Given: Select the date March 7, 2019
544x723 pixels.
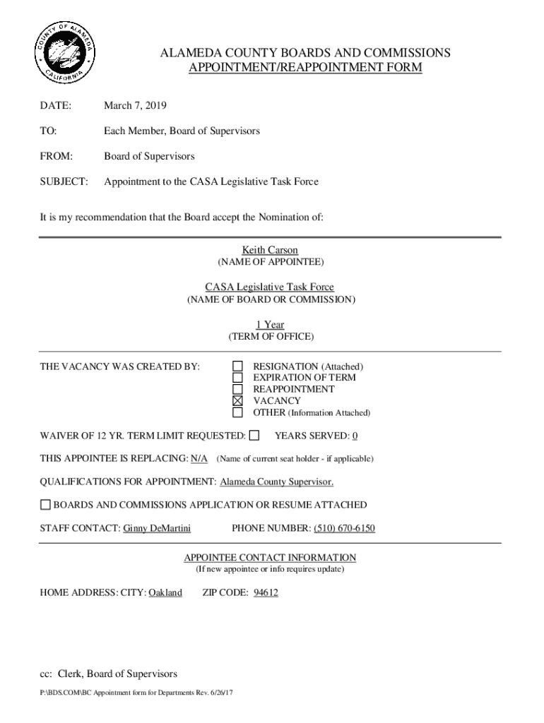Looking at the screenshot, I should pyautogui.click(x=135, y=106).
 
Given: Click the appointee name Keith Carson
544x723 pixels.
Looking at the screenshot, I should pyautogui.click(x=270, y=250).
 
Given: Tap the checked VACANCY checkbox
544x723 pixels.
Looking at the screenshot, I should pyautogui.click(x=238, y=401).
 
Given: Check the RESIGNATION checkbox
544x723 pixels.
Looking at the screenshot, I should pyautogui.click(x=238, y=366).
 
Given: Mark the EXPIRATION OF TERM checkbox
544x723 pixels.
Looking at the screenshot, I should pyautogui.click(x=238, y=378).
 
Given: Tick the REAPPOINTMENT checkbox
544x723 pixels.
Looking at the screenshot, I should pyautogui.click(x=238, y=389).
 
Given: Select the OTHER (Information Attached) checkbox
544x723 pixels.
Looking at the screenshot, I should pyautogui.click(x=238, y=412).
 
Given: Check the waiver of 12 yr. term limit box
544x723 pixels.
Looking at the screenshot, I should pyautogui.click(x=254, y=435).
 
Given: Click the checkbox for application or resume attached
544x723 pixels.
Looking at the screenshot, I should pyautogui.click(x=45, y=505).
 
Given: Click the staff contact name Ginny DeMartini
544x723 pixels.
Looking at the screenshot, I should pyautogui.click(x=157, y=528).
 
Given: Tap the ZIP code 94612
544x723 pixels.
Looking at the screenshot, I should pyautogui.click(x=266, y=593).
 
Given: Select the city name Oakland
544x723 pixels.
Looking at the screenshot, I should pyautogui.click(x=165, y=593).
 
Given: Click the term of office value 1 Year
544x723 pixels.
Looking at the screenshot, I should pyautogui.click(x=270, y=325).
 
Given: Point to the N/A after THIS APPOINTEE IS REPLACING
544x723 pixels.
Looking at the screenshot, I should pyautogui.click(x=199, y=459).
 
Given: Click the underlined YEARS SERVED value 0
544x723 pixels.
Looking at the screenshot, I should pyautogui.click(x=355, y=436).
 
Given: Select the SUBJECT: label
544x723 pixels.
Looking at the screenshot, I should pyautogui.click(x=64, y=181).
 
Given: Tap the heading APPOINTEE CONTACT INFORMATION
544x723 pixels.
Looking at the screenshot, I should pyautogui.click(x=270, y=558).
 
